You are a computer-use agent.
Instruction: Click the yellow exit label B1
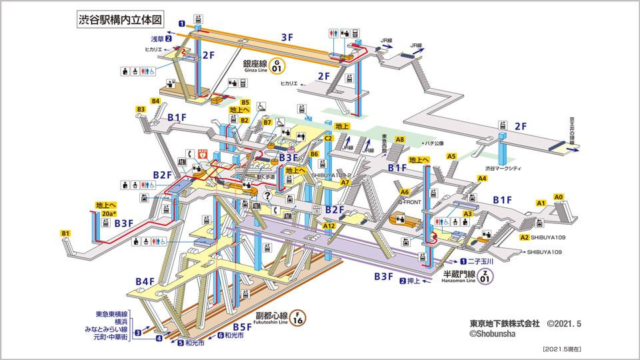65,233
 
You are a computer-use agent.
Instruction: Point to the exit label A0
559,197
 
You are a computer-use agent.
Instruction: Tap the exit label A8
399,140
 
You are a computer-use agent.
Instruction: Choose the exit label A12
329,226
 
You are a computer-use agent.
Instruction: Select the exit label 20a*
109,213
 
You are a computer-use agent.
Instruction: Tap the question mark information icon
267,195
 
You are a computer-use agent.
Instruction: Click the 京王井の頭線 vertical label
571,131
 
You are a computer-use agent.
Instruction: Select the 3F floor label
287,37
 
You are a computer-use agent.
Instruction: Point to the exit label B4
156,101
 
